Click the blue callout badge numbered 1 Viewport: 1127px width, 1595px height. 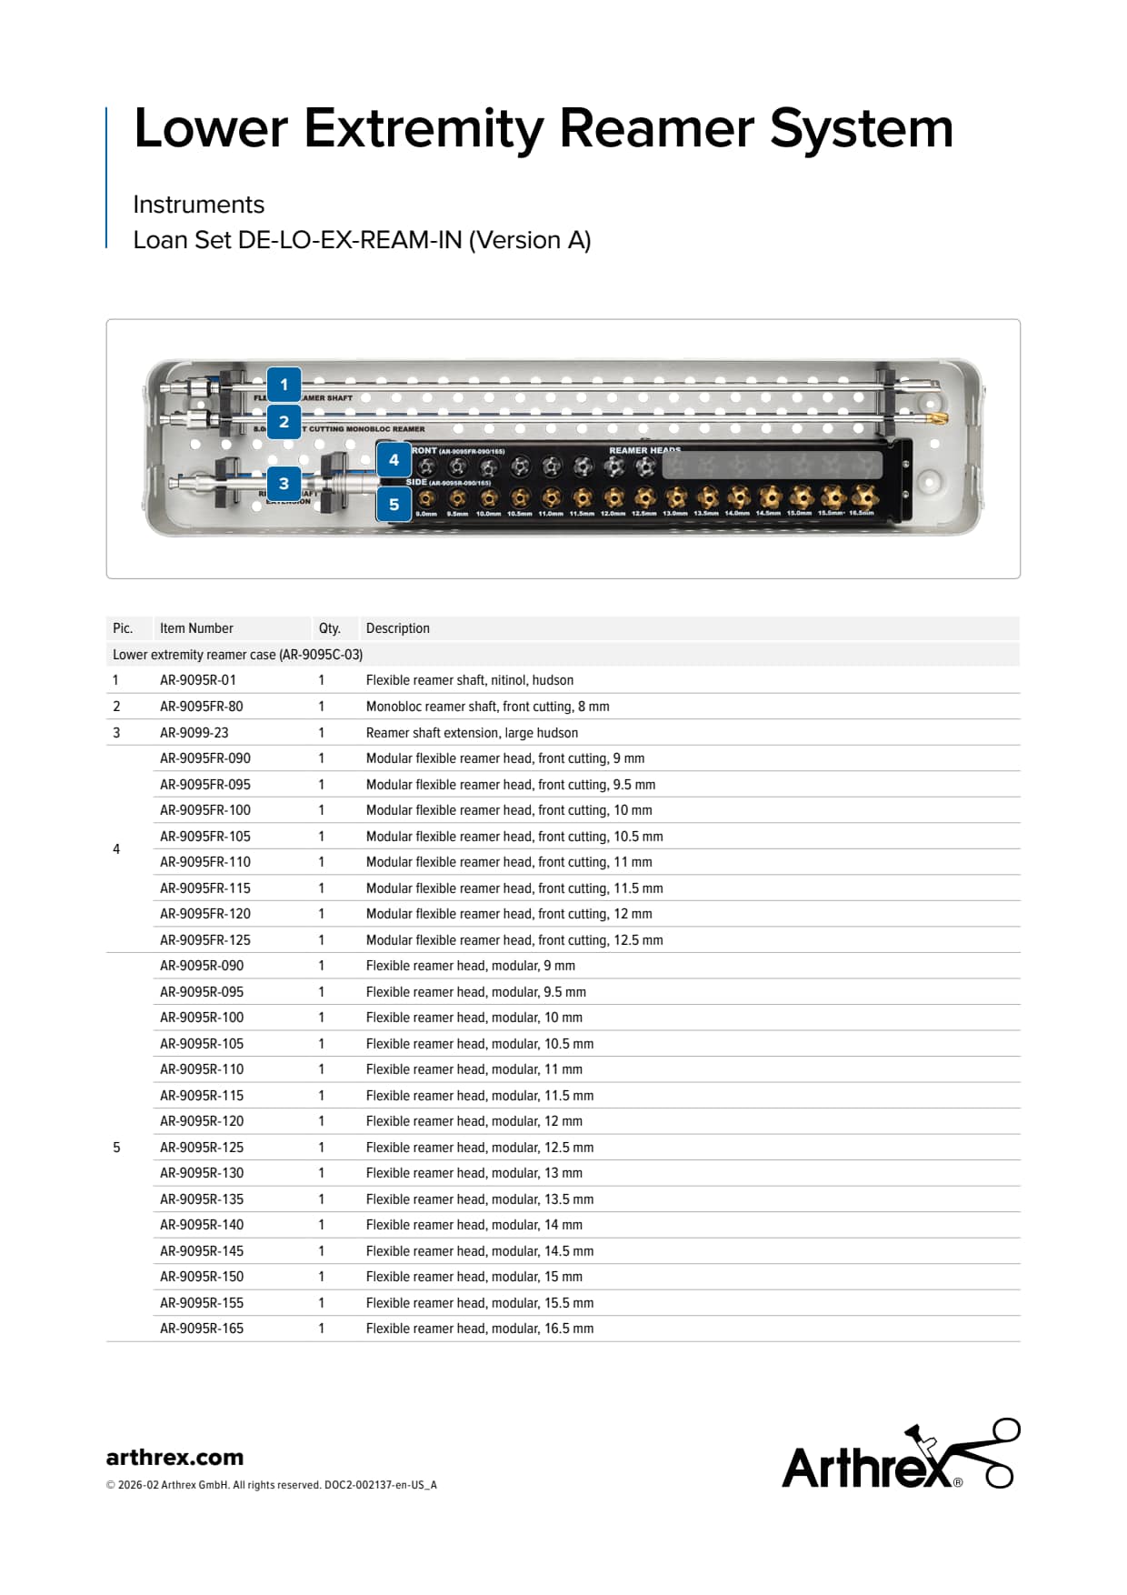coord(284,385)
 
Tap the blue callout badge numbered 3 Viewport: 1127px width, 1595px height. coord(284,484)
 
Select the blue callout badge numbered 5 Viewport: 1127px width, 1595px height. coord(394,505)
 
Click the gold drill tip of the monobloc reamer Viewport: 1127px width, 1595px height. coord(938,418)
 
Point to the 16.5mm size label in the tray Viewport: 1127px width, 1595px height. coord(861,514)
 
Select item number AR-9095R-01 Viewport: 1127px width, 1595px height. coord(198,680)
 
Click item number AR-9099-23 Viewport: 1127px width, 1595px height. coord(194,733)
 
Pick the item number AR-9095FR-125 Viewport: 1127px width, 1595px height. coord(205,940)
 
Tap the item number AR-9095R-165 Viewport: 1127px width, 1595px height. coord(202,1329)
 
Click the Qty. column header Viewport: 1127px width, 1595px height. coord(329,628)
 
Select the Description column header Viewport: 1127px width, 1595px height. coord(397,628)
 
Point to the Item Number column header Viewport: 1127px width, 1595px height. coord(196,628)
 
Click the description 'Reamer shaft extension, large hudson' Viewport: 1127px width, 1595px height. coord(472,733)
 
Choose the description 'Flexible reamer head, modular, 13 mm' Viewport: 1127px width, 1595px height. coord(474,1173)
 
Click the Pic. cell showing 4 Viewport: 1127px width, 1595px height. coord(116,849)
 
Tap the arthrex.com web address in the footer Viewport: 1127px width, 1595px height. coord(175,1457)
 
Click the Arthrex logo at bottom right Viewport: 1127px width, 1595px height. coord(900,1455)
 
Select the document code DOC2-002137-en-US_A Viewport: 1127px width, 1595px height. coord(381,1485)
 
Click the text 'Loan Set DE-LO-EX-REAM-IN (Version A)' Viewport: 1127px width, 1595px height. coord(362,240)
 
